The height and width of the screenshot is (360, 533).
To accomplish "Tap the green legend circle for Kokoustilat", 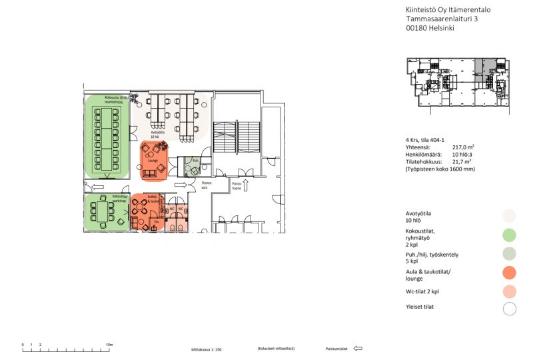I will point(510,234).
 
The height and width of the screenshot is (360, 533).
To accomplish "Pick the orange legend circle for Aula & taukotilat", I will point(510,272).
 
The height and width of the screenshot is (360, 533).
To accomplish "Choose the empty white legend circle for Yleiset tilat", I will point(510,309).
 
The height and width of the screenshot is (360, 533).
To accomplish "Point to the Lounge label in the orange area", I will point(153,161).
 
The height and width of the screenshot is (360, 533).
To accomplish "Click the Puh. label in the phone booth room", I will point(195,161).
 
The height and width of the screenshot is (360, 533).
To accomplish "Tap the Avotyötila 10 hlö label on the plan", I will point(158,134).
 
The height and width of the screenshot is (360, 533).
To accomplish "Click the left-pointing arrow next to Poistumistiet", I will point(358,348).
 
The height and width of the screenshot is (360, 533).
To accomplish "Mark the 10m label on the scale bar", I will point(109,345).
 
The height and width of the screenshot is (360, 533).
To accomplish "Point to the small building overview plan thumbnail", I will point(462,82).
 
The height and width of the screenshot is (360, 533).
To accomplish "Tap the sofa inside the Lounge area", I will point(150,174).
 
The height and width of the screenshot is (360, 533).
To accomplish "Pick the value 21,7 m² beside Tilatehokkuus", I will point(462,161).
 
